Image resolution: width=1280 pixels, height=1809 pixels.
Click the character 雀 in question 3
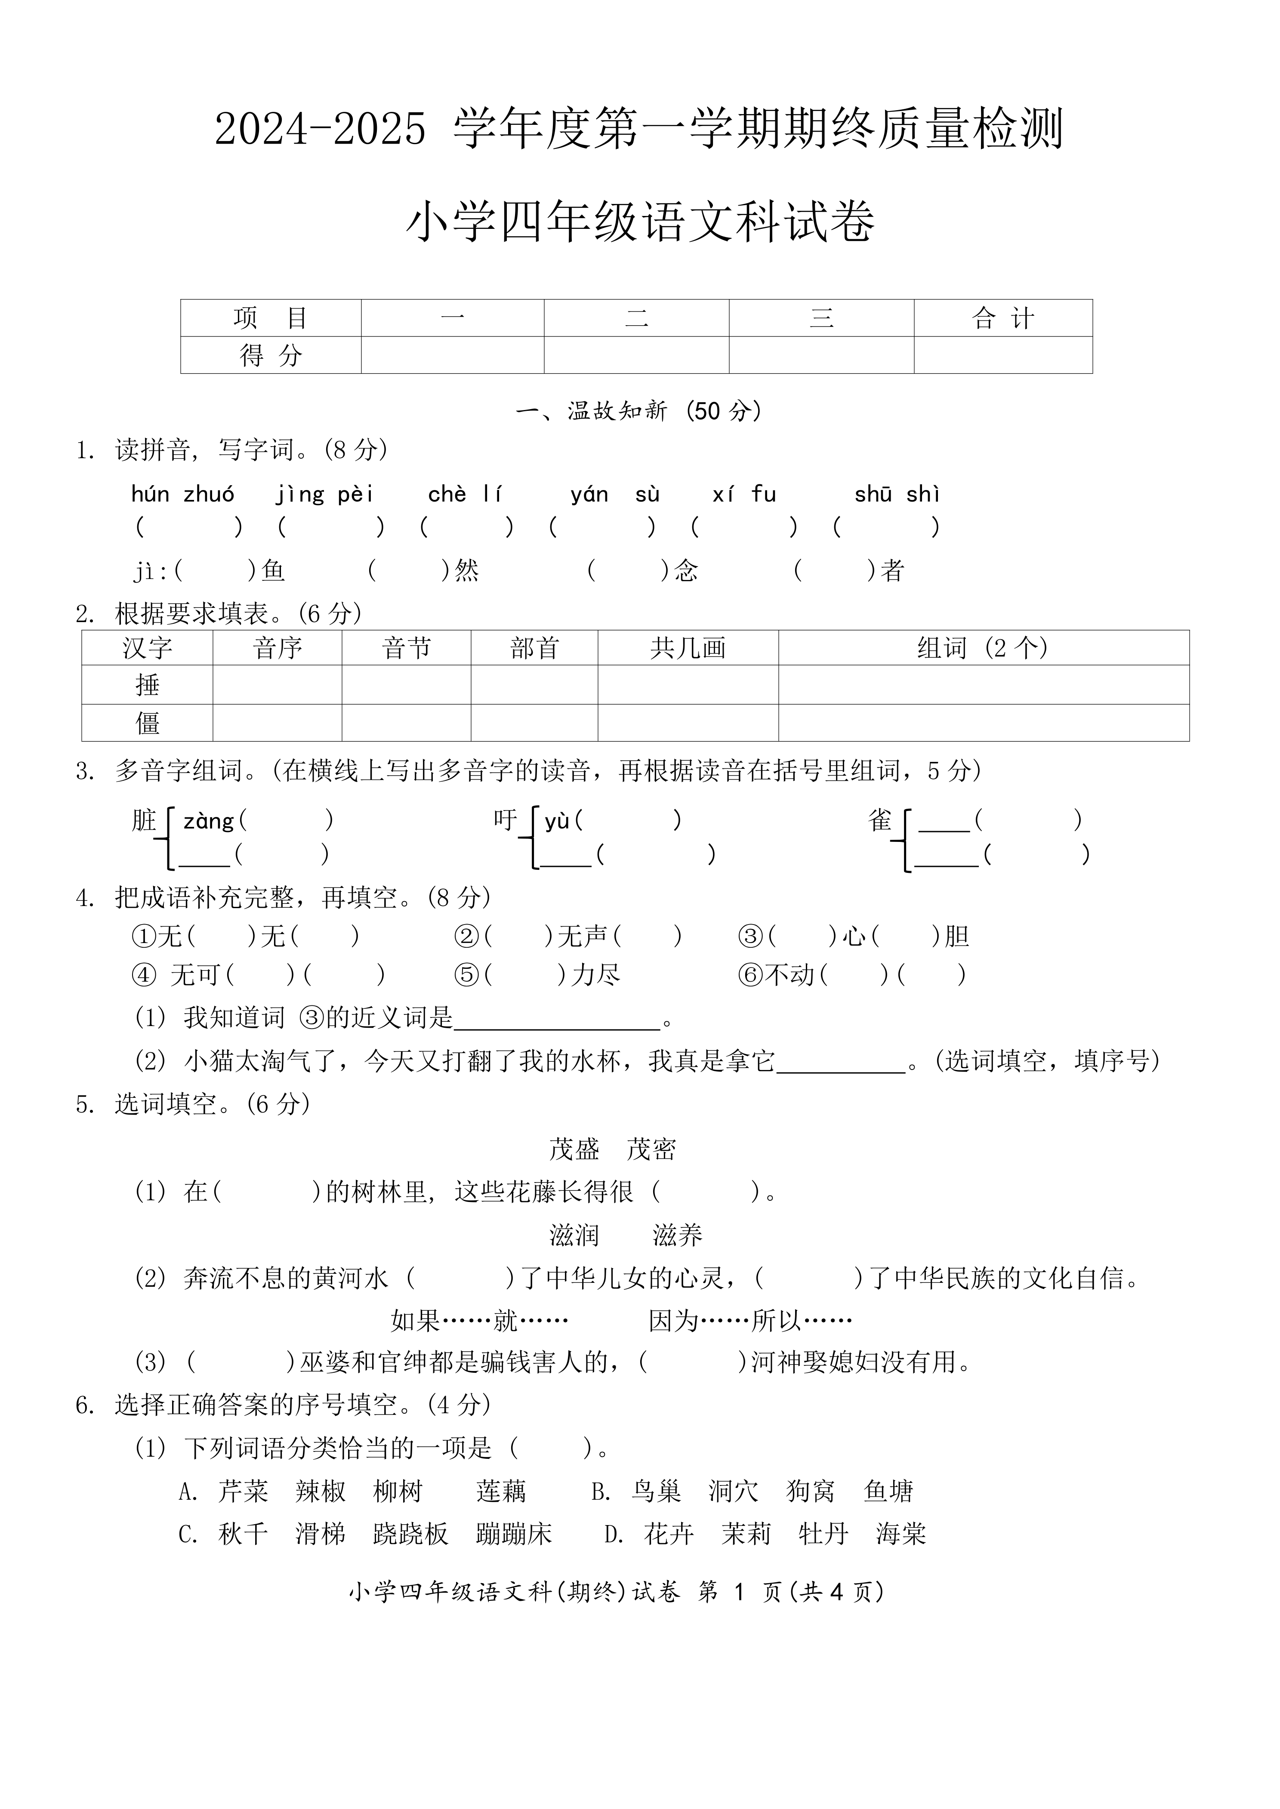(x=879, y=821)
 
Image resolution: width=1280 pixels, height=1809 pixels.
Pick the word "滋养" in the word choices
(x=677, y=1235)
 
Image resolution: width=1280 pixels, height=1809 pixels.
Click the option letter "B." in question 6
(x=601, y=1492)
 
